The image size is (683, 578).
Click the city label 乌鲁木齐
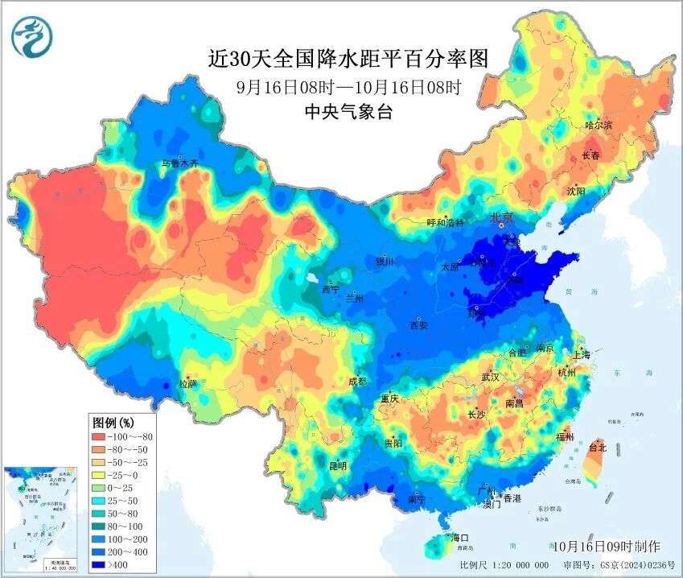[179, 163]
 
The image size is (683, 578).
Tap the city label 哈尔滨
[599, 126]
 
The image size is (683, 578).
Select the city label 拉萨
[187, 385]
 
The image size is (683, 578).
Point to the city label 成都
[357, 382]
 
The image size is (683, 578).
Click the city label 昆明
[338, 465]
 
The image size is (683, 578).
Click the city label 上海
[582, 355]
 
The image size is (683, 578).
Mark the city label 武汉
[490, 377]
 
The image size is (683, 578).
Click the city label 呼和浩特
[445, 223]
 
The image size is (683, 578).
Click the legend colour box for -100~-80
[102, 436]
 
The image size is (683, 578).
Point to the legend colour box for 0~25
[102, 488]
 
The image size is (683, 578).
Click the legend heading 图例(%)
[113, 422]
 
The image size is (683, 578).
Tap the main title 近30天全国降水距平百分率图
[348, 58]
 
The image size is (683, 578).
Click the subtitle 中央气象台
[348, 112]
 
